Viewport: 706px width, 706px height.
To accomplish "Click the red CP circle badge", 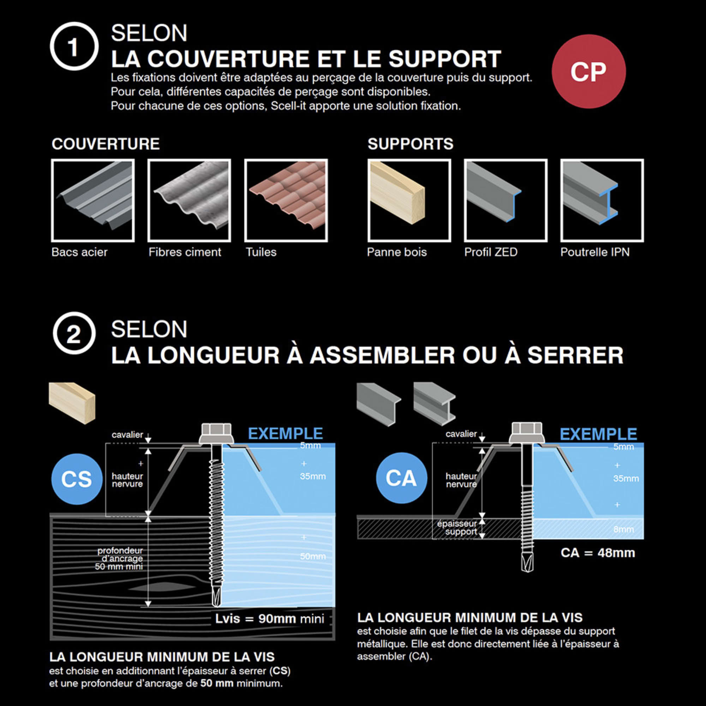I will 588,72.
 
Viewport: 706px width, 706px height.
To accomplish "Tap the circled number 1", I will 74,46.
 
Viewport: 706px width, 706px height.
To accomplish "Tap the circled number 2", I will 74,333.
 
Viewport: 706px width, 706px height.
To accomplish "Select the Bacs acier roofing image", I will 93,200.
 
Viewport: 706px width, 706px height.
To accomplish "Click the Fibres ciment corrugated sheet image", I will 189,200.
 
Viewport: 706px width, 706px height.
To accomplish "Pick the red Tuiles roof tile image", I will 286,200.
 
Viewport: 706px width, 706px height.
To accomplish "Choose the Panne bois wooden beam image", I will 409,200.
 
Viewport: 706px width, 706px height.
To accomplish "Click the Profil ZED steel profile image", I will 505,200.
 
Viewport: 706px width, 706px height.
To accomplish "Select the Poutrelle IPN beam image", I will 602,200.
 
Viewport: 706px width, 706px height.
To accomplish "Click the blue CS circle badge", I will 77,479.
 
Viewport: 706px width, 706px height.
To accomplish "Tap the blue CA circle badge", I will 401,478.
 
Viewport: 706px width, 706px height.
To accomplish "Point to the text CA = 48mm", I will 598,552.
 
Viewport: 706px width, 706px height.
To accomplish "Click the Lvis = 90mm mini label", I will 270,619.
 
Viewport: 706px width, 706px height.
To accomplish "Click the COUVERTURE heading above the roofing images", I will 106,144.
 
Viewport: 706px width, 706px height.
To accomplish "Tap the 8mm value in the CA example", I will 623,529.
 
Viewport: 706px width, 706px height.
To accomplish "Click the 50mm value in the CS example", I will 313,556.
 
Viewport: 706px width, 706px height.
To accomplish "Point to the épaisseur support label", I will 457,528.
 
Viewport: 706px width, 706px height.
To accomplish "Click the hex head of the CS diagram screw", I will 216,433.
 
